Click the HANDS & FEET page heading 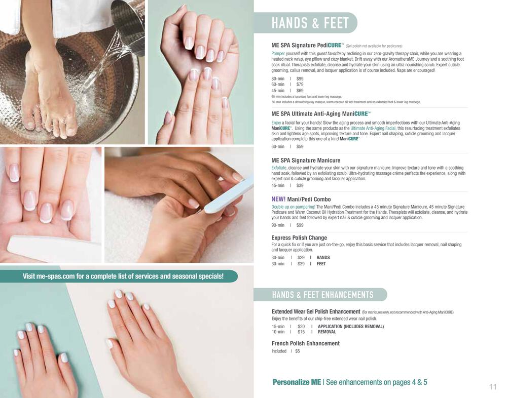[x=310, y=23]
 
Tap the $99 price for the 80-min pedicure [x=300, y=78]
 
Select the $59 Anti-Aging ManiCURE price [x=300, y=146]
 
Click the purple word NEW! [x=278, y=199]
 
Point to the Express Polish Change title [x=299, y=238]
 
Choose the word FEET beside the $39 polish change [x=321, y=264]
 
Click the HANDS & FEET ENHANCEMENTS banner [x=322, y=295]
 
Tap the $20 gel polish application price [x=301, y=326]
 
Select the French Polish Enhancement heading [x=306, y=343]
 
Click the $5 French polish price [x=298, y=351]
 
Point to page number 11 [x=492, y=387]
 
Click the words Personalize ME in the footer [x=297, y=382]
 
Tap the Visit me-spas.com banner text [x=123, y=276]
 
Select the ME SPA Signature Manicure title [x=306, y=160]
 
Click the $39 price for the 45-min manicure [x=300, y=185]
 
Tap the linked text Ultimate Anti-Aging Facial [x=373, y=128]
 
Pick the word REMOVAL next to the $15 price [x=327, y=332]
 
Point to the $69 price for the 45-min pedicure [x=300, y=91]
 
